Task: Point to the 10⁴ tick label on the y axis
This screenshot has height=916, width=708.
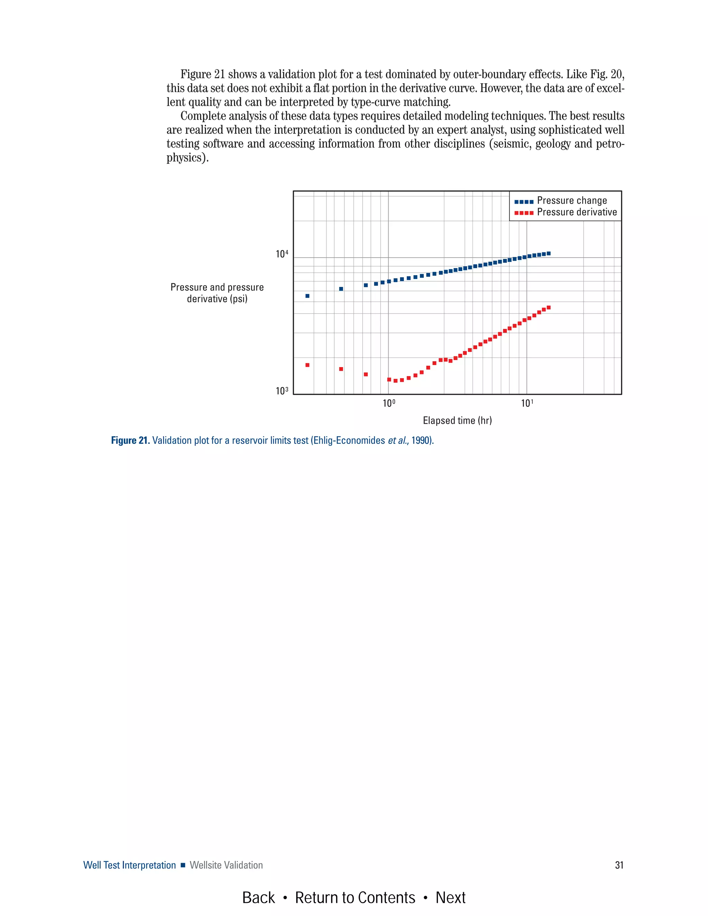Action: [282, 254]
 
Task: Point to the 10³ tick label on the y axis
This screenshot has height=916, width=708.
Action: [282, 391]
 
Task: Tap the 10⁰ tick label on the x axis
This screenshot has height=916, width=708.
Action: [389, 403]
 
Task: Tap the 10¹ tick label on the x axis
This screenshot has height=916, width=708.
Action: [527, 403]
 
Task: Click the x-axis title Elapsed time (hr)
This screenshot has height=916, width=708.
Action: [457, 420]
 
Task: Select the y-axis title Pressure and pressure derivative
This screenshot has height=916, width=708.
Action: [217, 293]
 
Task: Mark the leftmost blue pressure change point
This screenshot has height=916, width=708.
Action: [307, 296]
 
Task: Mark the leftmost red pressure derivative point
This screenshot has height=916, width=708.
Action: [307, 365]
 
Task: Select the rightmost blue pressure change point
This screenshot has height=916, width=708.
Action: [549, 253]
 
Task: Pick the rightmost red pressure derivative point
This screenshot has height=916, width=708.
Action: [549, 307]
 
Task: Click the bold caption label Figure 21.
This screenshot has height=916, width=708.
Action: [130, 440]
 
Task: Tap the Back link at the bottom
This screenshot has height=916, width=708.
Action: [258, 898]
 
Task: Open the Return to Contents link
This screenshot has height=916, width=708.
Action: [355, 898]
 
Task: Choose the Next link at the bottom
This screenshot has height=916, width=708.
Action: [450, 898]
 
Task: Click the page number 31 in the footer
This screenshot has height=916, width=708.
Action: [619, 865]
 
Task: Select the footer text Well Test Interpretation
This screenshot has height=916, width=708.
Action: [130, 865]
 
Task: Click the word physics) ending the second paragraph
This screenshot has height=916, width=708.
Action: [187, 158]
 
